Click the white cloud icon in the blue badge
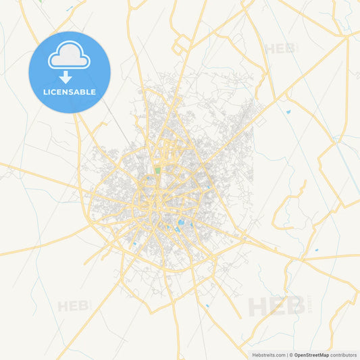coord(69,59)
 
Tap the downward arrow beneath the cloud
coord(66,78)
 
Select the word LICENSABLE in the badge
coord(70,92)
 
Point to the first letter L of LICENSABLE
coord(45,92)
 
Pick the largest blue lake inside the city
coord(180,224)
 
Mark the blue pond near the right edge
coord(316,250)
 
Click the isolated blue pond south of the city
coord(207,306)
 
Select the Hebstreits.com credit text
coord(266,354)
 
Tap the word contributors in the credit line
coord(344,354)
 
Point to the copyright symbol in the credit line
coord(291,354)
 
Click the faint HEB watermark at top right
coord(280,49)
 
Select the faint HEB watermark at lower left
coord(73,306)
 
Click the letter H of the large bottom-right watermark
coord(257,306)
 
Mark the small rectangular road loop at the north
coord(182,46)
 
